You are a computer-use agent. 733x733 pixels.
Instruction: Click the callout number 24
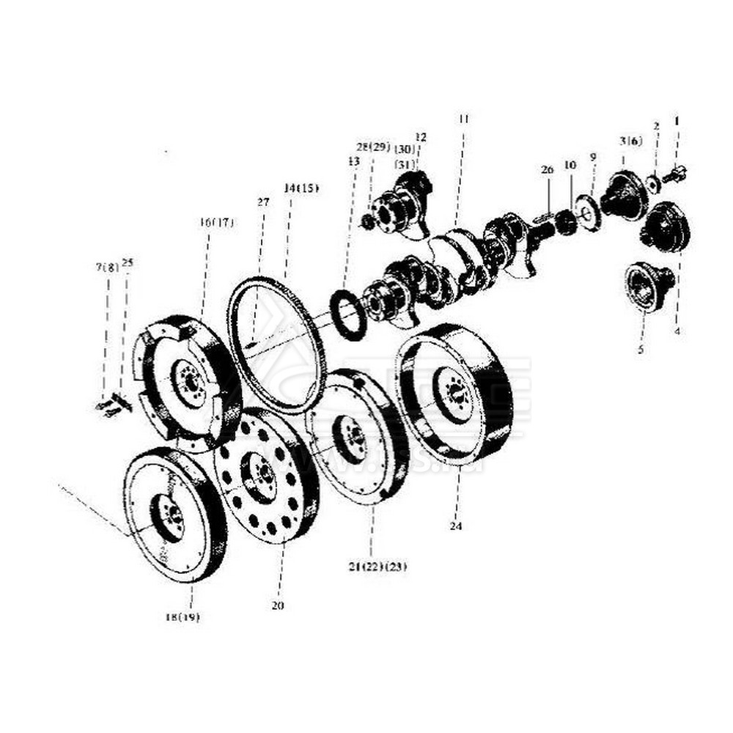457,526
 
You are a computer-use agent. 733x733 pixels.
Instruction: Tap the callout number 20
277,605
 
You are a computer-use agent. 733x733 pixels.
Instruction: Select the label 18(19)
182,617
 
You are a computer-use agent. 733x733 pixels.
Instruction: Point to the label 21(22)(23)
378,567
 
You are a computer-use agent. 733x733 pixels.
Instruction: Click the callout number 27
263,202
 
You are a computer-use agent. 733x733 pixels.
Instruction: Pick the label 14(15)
301,188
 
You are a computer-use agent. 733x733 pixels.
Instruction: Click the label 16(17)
216,222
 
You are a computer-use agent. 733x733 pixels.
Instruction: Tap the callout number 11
463,118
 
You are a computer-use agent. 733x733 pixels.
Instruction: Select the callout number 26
547,170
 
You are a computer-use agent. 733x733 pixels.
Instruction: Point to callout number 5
640,350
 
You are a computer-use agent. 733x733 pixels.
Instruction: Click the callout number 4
677,331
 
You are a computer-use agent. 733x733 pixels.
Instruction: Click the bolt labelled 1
674,175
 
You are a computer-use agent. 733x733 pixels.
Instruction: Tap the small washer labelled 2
652,183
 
